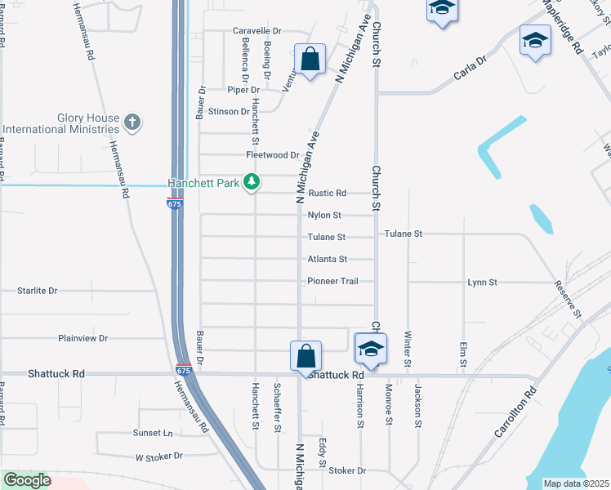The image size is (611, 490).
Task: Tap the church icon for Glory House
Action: [132, 123]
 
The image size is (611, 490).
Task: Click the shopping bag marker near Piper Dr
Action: [310, 59]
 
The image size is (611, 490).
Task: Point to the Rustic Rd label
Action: [328, 194]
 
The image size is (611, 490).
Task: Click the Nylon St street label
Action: [324, 216]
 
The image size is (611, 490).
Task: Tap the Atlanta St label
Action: [328, 260]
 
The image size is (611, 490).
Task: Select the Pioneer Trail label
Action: [332, 282]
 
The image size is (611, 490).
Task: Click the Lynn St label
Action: [482, 283]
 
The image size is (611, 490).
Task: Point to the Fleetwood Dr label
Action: [273, 155]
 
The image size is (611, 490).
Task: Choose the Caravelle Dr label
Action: [256, 31]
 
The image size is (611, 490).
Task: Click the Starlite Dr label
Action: [38, 291]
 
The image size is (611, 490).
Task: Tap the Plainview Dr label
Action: [83, 338]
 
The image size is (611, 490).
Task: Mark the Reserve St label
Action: [567, 300]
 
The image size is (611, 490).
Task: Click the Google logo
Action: [27, 480]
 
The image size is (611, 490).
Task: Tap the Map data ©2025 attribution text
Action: [576, 483]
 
